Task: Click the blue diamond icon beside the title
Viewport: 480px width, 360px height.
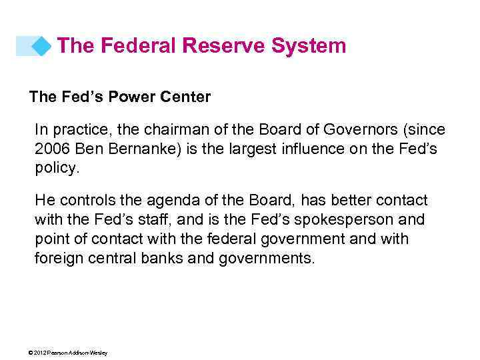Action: click(41, 46)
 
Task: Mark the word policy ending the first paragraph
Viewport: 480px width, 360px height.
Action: click(56, 168)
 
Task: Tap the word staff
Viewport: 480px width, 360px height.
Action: click(148, 220)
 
